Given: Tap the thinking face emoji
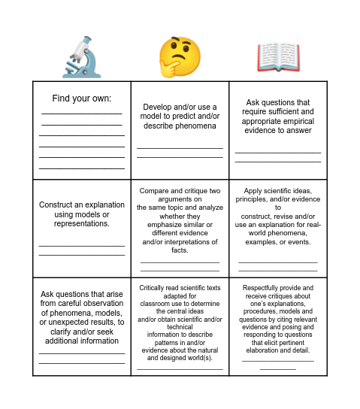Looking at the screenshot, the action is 180,56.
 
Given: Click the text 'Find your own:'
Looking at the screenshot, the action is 81,98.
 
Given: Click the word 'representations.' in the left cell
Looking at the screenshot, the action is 82,223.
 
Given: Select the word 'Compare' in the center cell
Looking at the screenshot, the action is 154,191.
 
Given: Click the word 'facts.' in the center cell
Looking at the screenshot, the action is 179,250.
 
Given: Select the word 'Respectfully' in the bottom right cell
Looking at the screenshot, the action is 261,287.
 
